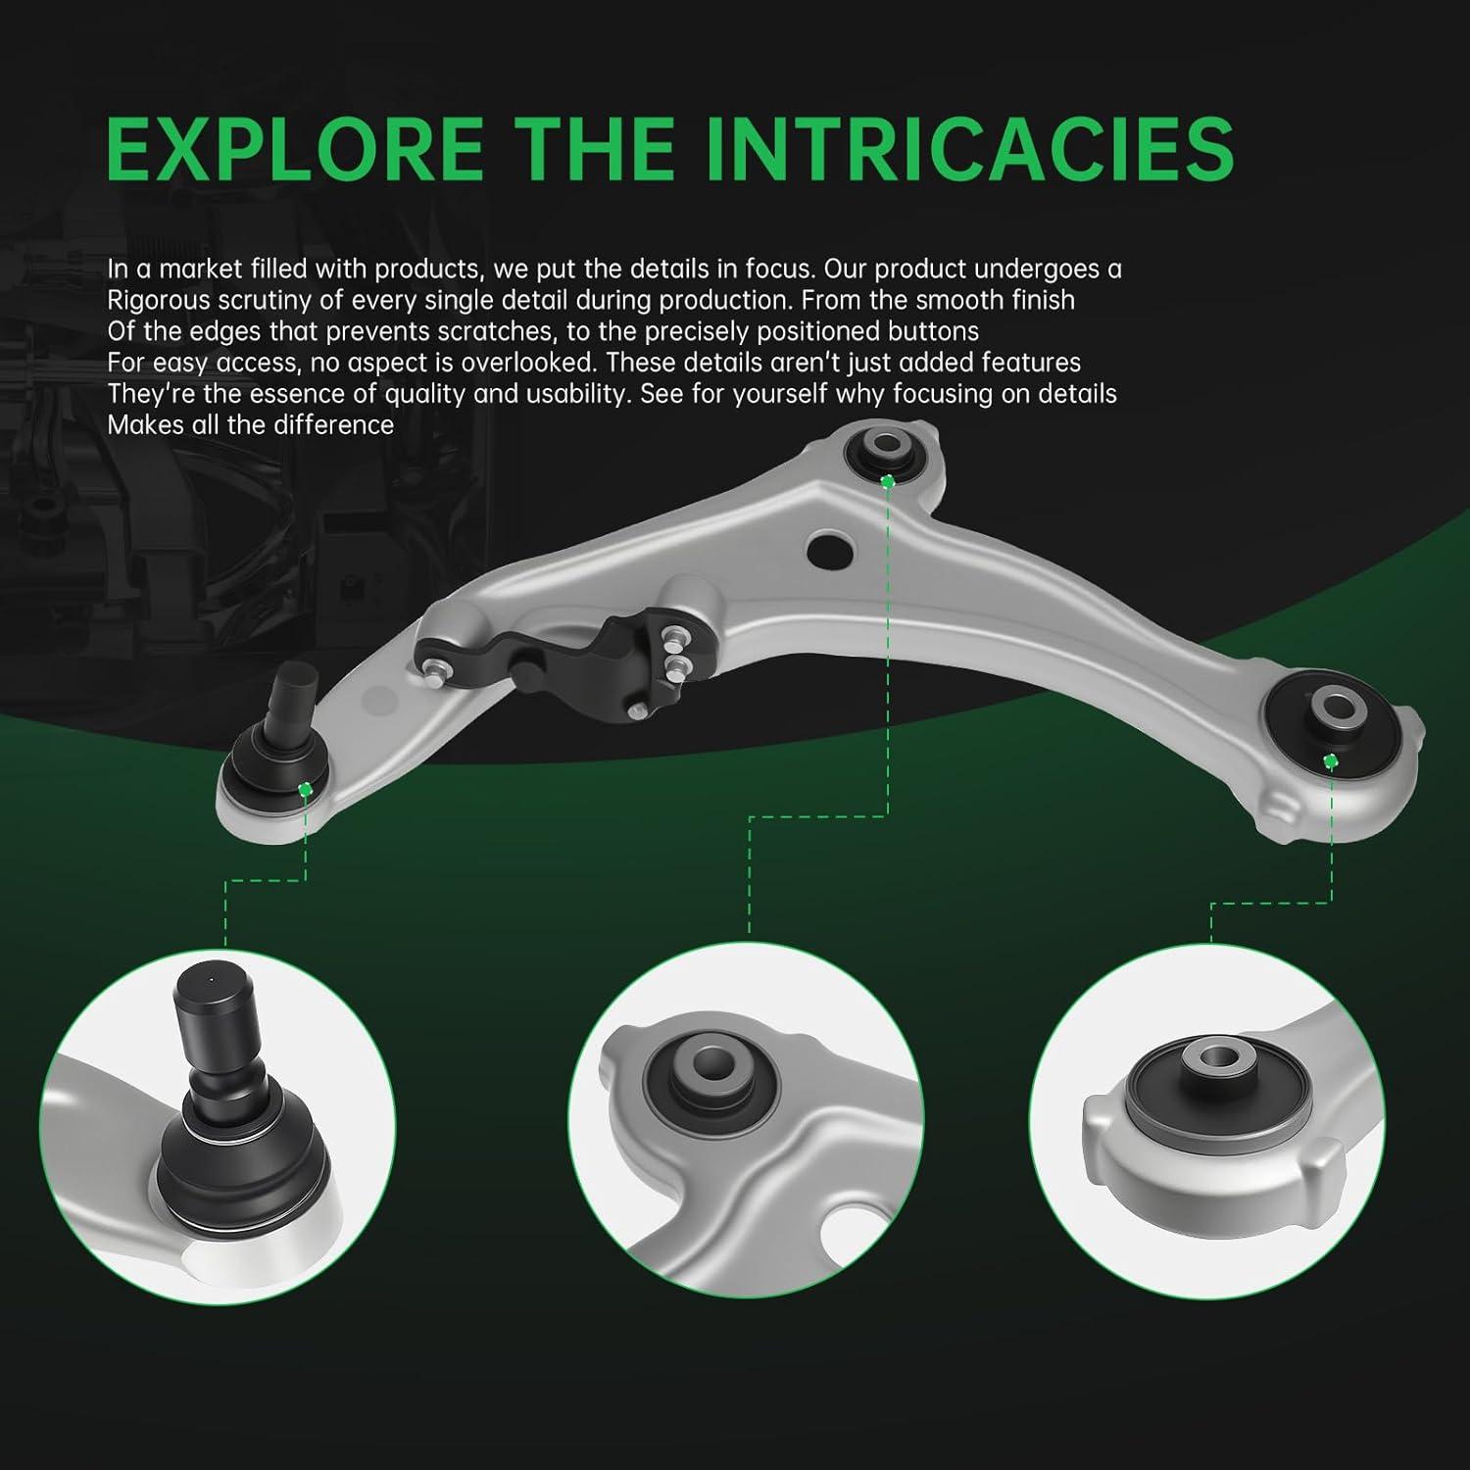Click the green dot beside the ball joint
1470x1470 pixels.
click(306, 789)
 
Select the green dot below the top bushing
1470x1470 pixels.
click(888, 481)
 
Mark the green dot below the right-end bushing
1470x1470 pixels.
click(1331, 761)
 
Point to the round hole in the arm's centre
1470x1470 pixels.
click(829, 547)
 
